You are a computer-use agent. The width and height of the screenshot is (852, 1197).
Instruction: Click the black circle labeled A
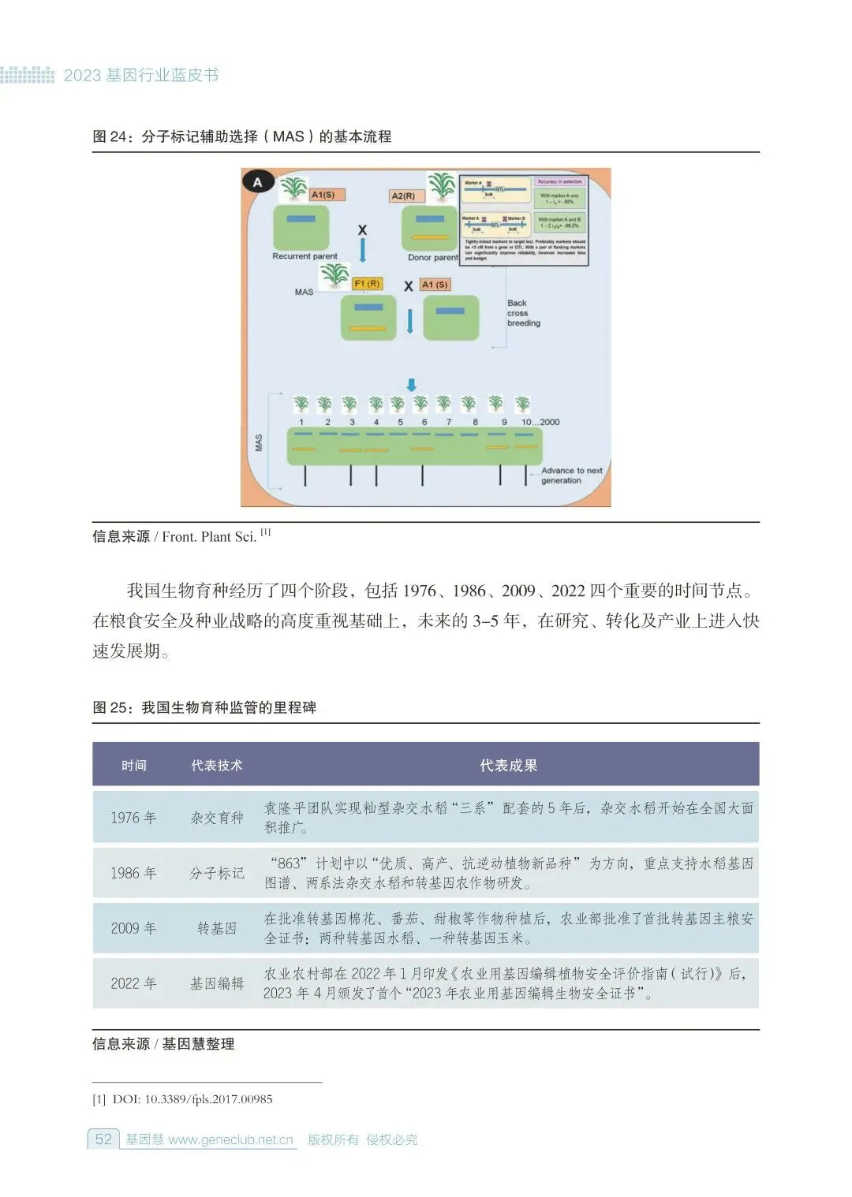[257, 182]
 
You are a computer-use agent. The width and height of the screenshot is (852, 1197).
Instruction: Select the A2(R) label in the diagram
[403, 196]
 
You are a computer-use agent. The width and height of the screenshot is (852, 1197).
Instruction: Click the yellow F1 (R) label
[367, 283]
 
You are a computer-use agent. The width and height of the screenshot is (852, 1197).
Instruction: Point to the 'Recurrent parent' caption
[305, 256]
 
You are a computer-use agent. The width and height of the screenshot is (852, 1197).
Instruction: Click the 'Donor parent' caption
[432, 257]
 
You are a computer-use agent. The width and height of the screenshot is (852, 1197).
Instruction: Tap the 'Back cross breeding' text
[523, 313]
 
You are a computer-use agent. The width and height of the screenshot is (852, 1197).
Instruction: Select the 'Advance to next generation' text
[571, 475]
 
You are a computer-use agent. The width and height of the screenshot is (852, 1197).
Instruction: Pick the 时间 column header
[134, 765]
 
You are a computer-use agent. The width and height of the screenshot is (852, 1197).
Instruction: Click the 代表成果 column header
[508, 765]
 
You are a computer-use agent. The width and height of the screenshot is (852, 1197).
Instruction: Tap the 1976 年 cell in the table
[133, 818]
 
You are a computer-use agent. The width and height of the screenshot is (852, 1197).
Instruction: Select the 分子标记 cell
[217, 873]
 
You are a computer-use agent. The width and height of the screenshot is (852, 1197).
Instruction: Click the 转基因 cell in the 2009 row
[217, 928]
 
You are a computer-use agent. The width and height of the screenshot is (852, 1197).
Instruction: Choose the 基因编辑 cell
[217, 983]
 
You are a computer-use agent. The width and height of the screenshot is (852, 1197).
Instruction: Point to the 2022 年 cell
[133, 983]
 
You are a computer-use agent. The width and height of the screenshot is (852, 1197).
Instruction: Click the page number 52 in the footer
[103, 1139]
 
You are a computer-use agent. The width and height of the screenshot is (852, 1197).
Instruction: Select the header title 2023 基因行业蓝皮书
[141, 76]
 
